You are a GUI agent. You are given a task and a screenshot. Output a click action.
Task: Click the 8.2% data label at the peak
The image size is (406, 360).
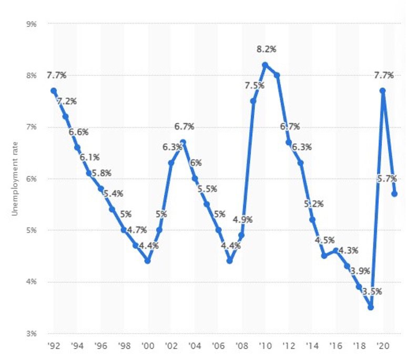266,49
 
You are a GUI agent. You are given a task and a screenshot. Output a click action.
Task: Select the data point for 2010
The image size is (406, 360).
265,65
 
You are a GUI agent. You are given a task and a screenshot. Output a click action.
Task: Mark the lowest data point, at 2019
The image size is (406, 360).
371,307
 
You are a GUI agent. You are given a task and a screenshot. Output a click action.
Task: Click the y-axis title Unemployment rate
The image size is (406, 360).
15,179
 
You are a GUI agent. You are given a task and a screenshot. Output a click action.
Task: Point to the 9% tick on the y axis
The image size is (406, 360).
32,23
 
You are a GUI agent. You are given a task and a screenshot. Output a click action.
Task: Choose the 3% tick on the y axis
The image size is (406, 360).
32,333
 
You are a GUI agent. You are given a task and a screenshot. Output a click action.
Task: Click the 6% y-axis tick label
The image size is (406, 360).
32,178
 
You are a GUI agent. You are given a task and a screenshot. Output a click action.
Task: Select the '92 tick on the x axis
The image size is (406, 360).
53,347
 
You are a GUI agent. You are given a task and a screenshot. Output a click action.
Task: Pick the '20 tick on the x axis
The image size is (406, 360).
382,347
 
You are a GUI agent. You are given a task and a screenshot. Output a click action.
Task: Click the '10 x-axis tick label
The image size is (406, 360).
265,347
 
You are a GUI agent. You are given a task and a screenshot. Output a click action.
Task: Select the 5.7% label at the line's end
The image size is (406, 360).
387,178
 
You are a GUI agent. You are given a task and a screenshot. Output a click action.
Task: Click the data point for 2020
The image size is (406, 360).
383,91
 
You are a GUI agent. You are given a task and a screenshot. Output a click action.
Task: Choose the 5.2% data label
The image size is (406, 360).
313,204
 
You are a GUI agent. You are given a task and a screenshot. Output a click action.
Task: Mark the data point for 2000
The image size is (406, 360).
147,261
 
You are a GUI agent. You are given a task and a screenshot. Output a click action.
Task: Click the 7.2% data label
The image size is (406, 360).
67,101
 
